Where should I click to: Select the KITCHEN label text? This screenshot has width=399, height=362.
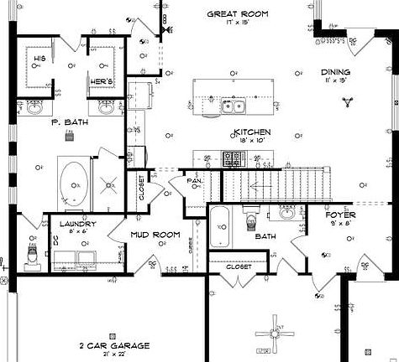[x=252, y=133]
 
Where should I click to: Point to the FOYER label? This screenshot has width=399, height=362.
[x=341, y=215]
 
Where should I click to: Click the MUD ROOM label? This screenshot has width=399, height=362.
[x=155, y=235]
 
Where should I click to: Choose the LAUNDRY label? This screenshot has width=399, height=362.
[x=79, y=225]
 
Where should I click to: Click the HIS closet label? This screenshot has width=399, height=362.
[x=39, y=59]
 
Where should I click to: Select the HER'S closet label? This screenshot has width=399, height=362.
[x=101, y=81]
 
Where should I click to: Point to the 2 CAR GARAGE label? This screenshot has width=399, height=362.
[x=114, y=345]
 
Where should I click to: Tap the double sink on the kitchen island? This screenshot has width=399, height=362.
[x=234, y=106]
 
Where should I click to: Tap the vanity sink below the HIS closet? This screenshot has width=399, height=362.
[x=36, y=107]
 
